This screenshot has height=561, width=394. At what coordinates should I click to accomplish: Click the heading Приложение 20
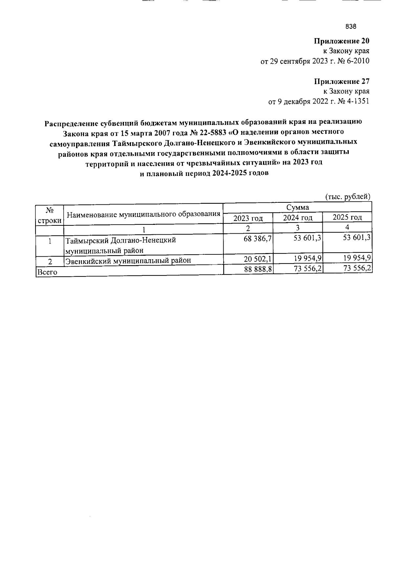(x=342, y=41)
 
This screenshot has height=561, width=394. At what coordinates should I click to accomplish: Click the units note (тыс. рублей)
(x=348, y=197)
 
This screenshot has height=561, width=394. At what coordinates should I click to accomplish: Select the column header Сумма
(x=297, y=207)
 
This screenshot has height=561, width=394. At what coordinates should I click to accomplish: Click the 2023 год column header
(x=248, y=218)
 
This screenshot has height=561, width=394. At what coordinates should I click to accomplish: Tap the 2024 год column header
(x=298, y=218)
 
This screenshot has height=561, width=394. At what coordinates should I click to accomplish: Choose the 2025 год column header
(x=347, y=217)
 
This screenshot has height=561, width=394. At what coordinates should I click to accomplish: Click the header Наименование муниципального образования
(x=143, y=215)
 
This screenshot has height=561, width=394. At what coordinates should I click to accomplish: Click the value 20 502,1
(x=258, y=260)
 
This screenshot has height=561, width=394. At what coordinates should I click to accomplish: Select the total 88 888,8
(x=258, y=269)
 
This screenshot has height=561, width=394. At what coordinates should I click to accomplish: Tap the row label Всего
(x=43, y=272)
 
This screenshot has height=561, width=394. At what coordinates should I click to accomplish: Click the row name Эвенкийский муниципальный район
(x=128, y=261)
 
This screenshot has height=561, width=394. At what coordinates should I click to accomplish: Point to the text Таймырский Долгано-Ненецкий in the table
(x=120, y=241)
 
